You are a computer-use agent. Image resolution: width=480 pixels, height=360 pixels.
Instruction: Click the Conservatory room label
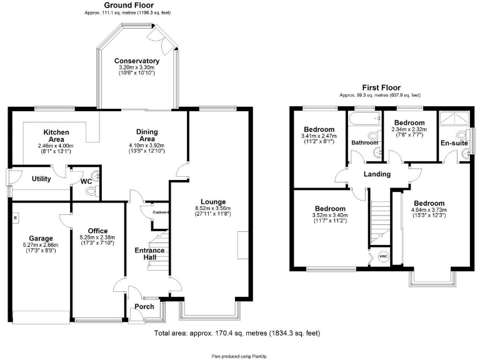coord(136,61)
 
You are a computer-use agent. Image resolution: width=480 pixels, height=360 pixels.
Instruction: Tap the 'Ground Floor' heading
coord(128,5)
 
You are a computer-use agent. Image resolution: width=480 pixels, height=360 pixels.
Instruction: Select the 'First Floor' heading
coord(381,87)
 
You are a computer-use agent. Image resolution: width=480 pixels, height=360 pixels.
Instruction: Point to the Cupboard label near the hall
coord(160,213)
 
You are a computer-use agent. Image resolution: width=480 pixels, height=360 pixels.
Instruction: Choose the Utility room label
coord(41,179)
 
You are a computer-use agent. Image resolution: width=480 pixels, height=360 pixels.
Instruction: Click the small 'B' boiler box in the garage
coord(15,217)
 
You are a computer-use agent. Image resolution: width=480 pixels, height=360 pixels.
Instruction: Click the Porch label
coord(144,306)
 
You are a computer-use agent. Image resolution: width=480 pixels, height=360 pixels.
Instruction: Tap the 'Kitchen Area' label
coord(56,136)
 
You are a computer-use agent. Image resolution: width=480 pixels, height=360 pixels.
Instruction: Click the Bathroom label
coord(365,143)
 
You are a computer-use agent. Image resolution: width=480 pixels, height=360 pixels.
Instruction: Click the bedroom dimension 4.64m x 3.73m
coord(428,210)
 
